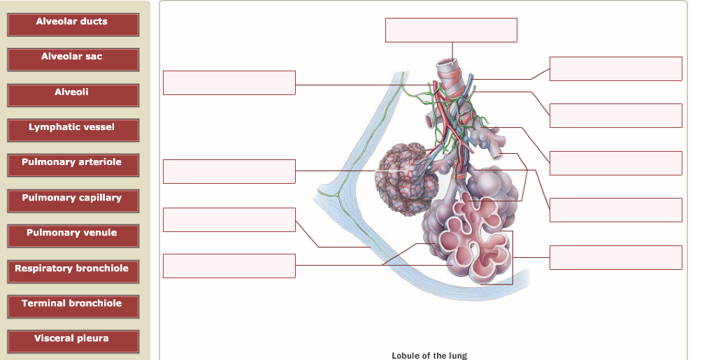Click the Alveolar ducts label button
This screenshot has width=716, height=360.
pyautogui.click(x=73, y=24)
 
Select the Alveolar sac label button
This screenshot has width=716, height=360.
pyautogui.click(x=73, y=59)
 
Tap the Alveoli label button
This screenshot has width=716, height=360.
pyautogui.click(x=73, y=95)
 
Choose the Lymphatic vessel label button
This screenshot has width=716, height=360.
pyautogui.click(x=73, y=130)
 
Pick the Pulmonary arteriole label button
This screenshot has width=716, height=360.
pyautogui.click(x=73, y=165)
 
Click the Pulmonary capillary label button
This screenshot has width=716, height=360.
pyautogui.click(x=73, y=201)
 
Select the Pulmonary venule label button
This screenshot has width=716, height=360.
pyautogui.click(x=73, y=236)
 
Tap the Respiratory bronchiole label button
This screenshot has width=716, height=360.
pyautogui.click(x=73, y=271)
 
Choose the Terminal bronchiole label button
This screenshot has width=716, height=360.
pyautogui.click(x=73, y=306)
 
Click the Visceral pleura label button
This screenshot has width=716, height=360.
pyautogui.click(x=73, y=341)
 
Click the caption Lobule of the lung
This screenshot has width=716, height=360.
pyautogui.click(x=429, y=355)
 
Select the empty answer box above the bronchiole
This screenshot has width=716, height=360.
pyautogui.click(x=451, y=30)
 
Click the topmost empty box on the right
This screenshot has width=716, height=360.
pyautogui.click(x=615, y=69)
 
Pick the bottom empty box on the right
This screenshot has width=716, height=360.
pyautogui.click(x=615, y=257)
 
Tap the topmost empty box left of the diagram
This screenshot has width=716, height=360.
pyautogui.click(x=229, y=82)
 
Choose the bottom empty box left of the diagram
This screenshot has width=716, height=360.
pyautogui.click(x=229, y=266)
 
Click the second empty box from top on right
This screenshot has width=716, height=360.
pyautogui.click(x=615, y=115)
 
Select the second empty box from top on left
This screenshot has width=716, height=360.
pyautogui.click(x=229, y=171)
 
